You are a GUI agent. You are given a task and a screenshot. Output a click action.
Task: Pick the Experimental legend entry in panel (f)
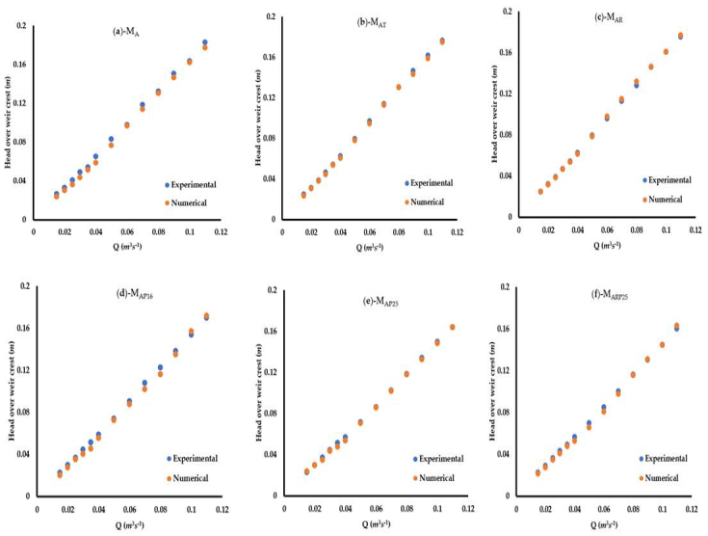tap(665, 459)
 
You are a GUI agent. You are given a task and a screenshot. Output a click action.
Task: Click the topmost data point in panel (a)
tap(205, 42)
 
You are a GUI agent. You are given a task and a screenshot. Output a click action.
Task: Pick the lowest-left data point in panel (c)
tap(540, 191)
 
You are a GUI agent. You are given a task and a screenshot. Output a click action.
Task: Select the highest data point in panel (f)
tap(676, 326)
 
